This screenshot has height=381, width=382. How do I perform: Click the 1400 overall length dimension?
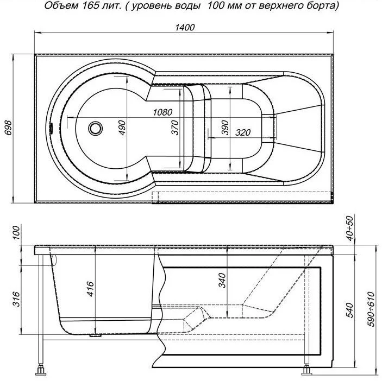(185, 28)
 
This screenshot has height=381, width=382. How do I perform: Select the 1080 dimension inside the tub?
(162, 112)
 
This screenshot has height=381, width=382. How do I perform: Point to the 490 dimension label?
(122, 126)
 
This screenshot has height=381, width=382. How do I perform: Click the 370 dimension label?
(174, 128)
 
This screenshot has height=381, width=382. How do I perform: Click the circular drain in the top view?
(96, 129)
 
